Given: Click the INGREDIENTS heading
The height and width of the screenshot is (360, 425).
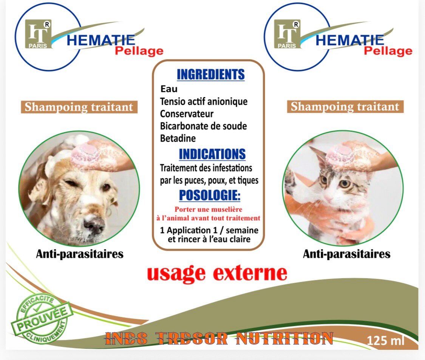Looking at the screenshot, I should click(210, 75).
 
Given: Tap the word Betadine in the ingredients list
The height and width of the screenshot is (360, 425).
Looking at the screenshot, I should click(178, 138).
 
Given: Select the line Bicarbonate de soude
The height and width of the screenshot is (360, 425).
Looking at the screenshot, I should click(203, 126).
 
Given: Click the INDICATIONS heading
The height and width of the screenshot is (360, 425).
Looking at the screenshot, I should click(212, 154).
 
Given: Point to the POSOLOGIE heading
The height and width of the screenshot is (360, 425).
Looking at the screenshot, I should click(210, 196).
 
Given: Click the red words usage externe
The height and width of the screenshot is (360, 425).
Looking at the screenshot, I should click(217, 273).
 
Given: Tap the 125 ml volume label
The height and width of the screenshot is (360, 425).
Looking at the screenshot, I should click(386, 341).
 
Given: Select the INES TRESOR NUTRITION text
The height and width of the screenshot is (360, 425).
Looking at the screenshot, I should click(219, 338).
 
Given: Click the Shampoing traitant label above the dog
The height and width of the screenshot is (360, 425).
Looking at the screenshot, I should click(79, 107).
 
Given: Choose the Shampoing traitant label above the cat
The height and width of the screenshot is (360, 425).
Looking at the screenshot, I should click(345, 106).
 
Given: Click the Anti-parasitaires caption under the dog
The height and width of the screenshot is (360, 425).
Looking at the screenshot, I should click(80, 254).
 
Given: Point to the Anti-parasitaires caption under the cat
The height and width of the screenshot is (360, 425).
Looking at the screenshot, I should click(346, 254).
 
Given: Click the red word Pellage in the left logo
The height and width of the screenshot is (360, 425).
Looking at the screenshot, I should click(139, 51).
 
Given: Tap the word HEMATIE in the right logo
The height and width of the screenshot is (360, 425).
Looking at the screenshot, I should click(349, 39).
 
